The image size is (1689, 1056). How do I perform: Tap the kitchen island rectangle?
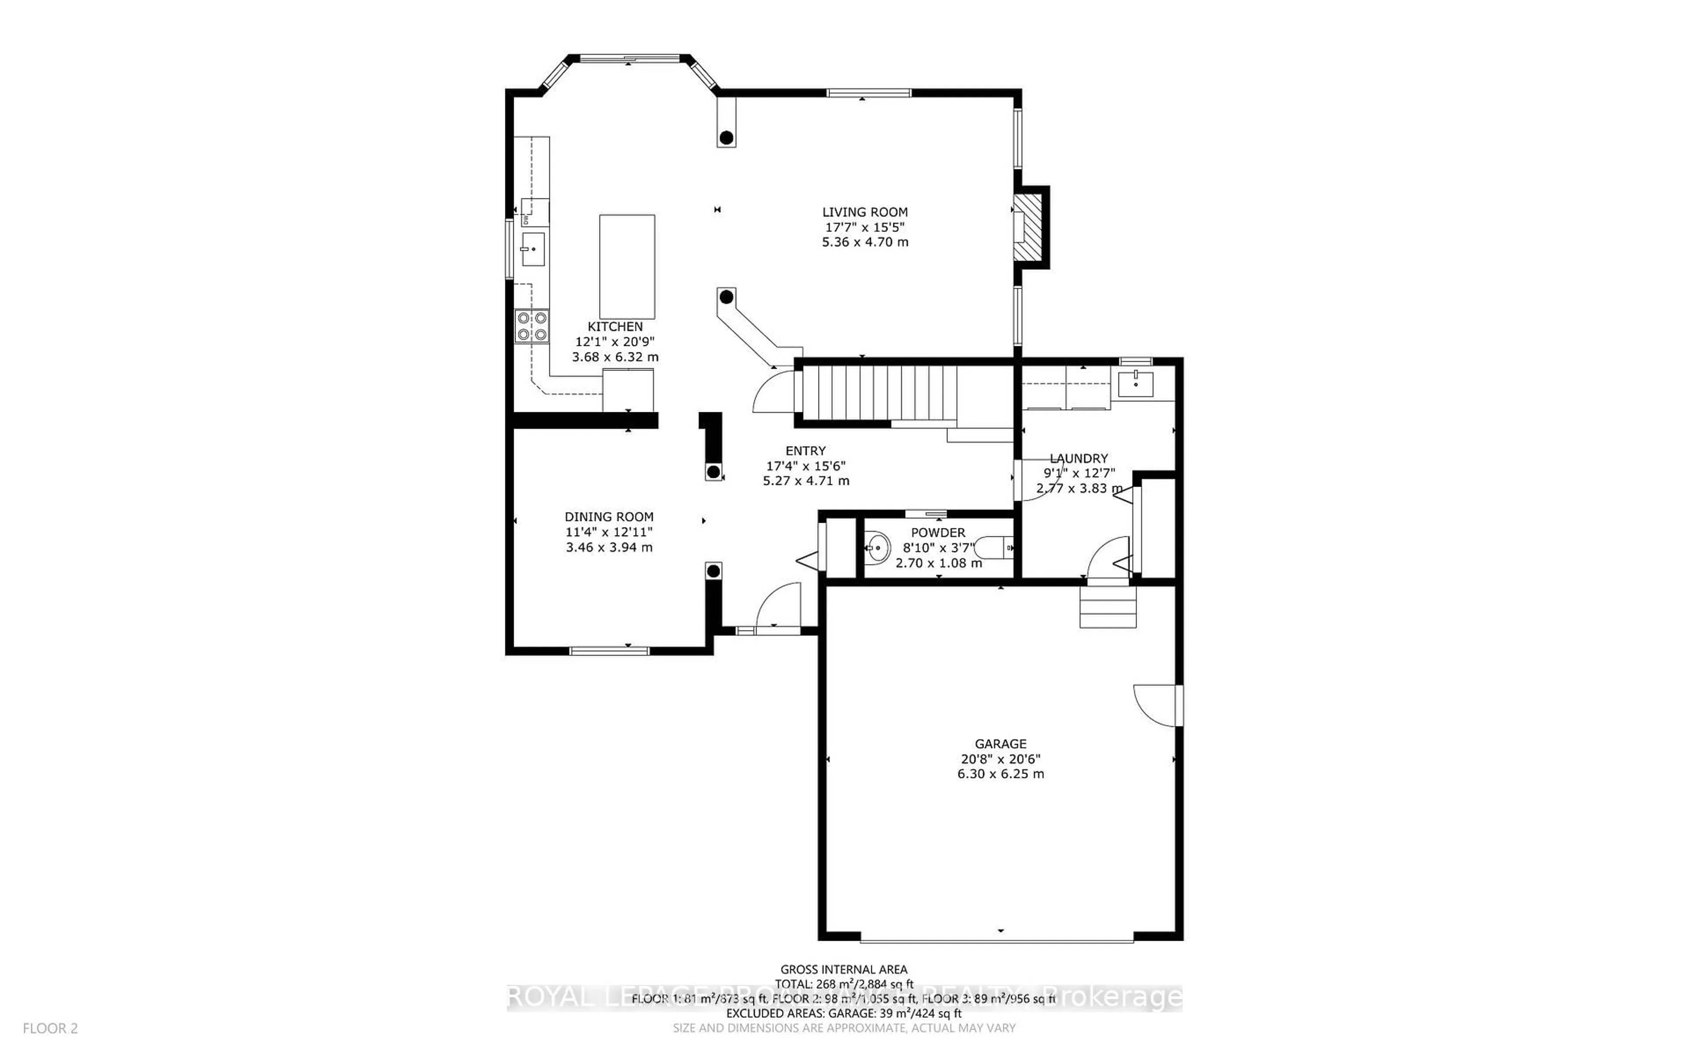click(627, 267)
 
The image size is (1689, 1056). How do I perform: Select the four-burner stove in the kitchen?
click(531, 326)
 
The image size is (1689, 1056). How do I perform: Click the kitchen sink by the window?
click(533, 249)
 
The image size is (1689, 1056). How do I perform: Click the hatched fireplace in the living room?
click(1027, 227)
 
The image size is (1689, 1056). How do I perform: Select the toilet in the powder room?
click(994, 547)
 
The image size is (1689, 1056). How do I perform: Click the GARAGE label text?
click(1000, 744)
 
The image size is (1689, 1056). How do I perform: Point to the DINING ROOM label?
click(609, 517)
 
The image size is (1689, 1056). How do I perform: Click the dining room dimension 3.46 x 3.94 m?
click(609, 547)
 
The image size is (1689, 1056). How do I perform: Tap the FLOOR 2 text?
click(50, 1028)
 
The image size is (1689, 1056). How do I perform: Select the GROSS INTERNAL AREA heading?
click(843, 969)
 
